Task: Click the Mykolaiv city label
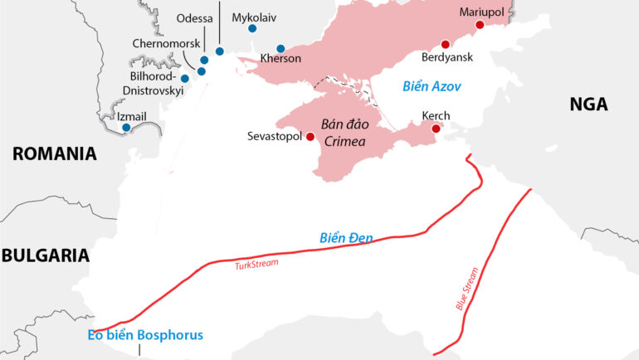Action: tap(254, 17)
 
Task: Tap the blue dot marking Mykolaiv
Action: tap(252, 29)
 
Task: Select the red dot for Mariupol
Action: tap(479, 26)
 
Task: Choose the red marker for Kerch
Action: tap(436, 129)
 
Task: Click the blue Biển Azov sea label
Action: tap(432, 86)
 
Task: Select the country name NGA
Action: tap(588, 105)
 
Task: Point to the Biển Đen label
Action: tap(346, 239)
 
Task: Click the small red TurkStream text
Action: tap(256, 263)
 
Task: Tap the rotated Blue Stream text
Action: tap(468, 288)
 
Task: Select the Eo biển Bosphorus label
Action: tap(144, 335)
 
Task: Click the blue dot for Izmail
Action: tap(126, 128)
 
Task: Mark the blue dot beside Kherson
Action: tap(280, 48)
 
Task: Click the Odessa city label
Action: tap(196, 18)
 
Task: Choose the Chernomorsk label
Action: tap(164, 43)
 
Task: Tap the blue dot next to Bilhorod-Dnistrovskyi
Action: tap(185, 78)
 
